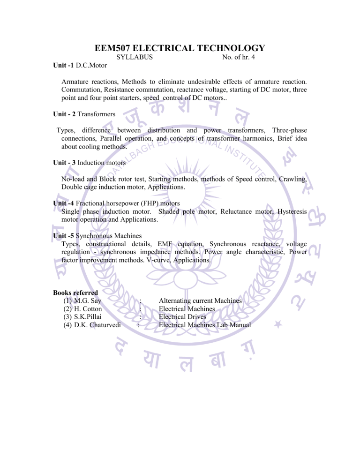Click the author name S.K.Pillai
(88, 316)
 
